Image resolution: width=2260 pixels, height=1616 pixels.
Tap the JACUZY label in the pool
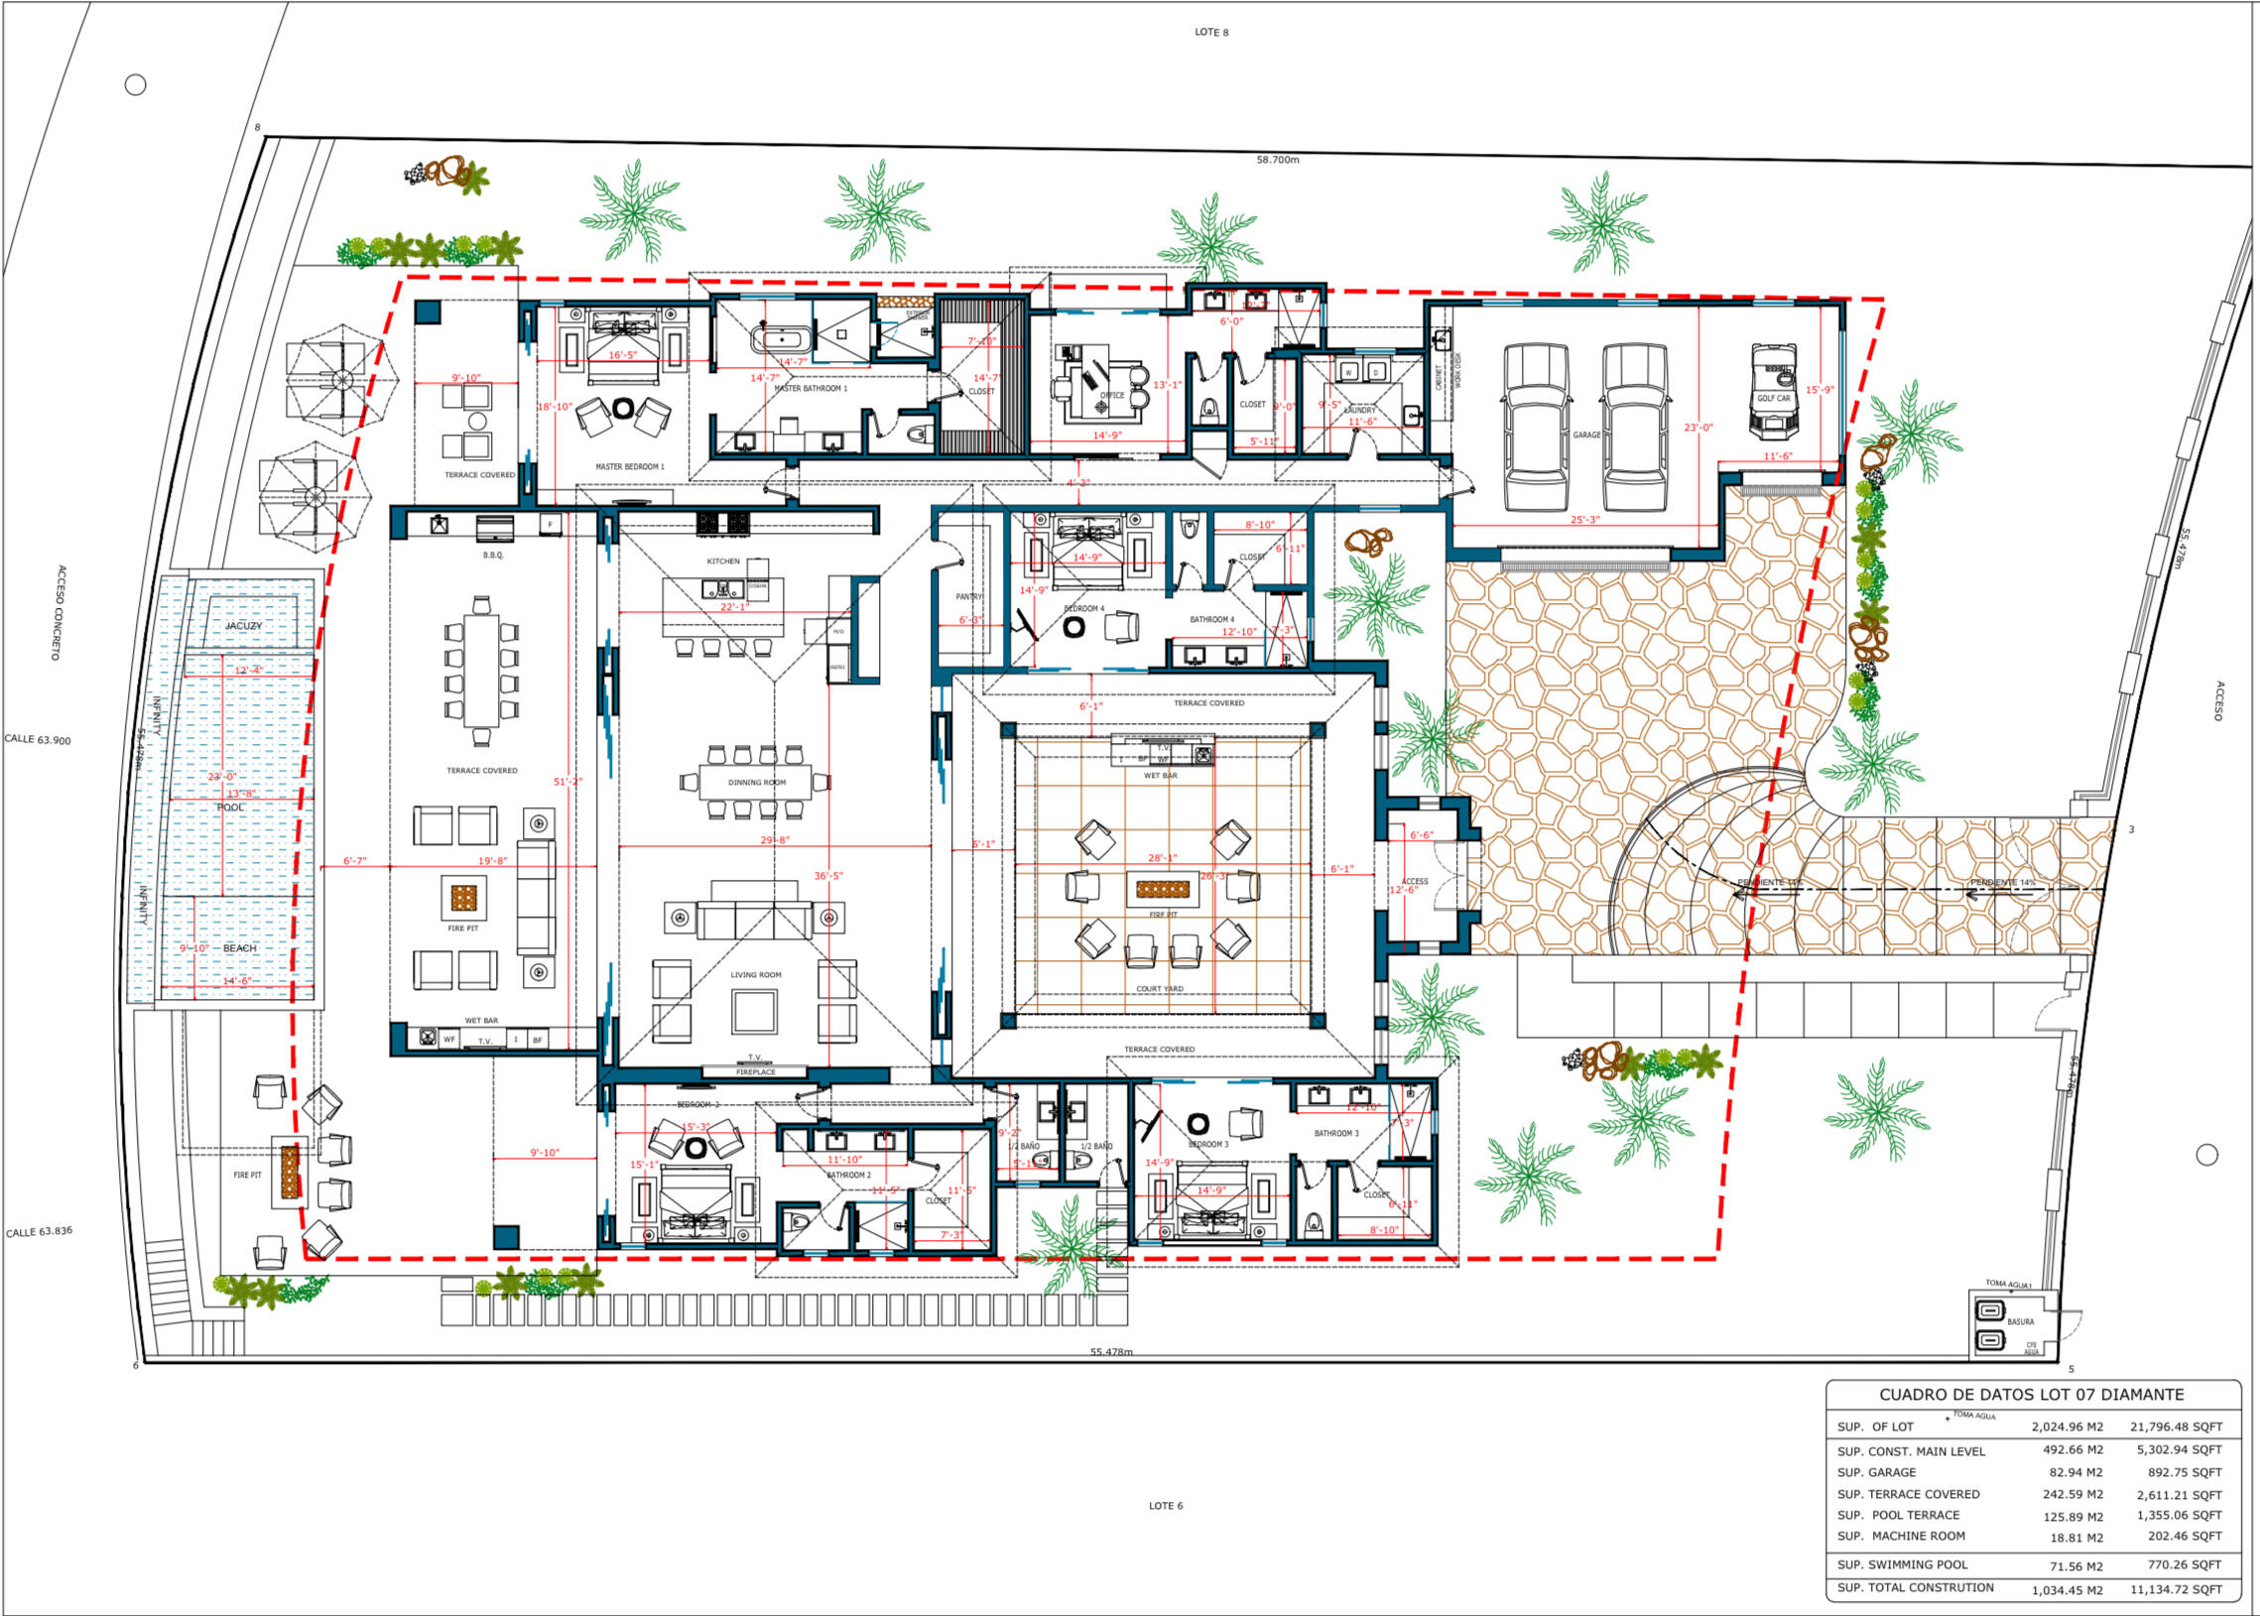click(x=244, y=626)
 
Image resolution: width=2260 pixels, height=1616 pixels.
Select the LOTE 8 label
click(x=1211, y=33)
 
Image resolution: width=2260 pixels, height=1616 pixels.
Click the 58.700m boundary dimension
click(x=1277, y=159)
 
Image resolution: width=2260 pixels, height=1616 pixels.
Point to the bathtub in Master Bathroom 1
click(x=780, y=338)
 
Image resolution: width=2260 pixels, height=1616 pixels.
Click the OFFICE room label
click(x=1111, y=395)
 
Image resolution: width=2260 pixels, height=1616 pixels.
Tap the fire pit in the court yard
click(x=1163, y=889)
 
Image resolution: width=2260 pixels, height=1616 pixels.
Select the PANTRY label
click(x=969, y=597)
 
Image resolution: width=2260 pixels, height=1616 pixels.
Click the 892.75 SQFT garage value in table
click(x=2179, y=1472)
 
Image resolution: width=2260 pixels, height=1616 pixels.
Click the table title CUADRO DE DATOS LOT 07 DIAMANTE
click(x=2031, y=1395)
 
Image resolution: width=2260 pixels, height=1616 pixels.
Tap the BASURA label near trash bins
click(x=2020, y=1321)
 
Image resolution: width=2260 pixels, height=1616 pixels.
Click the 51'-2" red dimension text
click(x=567, y=782)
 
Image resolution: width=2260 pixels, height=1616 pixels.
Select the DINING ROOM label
click(x=756, y=782)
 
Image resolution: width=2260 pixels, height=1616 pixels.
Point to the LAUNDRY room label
click(x=1359, y=410)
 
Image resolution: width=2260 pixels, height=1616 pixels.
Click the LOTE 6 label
click(x=1166, y=1506)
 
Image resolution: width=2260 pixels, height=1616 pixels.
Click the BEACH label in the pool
click(x=239, y=948)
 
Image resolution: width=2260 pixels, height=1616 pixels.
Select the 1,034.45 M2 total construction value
click(x=2067, y=1590)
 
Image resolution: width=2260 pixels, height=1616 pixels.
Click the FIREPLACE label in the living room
click(x=755, y=1071)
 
